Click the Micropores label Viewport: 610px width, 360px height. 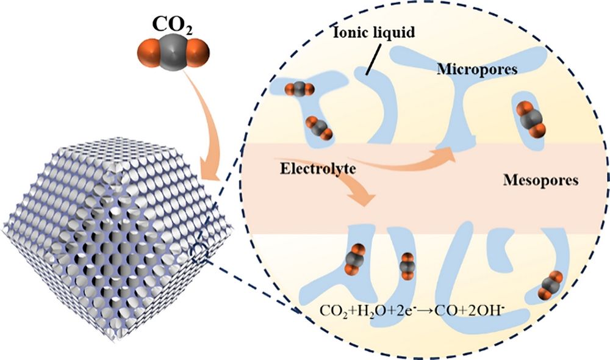pyautogui.click(x=476, y=70)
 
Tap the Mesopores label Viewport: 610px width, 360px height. pyautogui.click(x=540, y=180)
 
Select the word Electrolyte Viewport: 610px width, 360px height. pyautogui.click(x=318, y=168)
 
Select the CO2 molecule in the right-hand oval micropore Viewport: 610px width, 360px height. pyautogui.click(x=530, y=118)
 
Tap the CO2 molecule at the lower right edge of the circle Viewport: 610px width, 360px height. pyautogui.click(x=550, y=286)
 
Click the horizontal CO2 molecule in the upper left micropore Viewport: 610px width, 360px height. pyautogui.click(x=299, y=90)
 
